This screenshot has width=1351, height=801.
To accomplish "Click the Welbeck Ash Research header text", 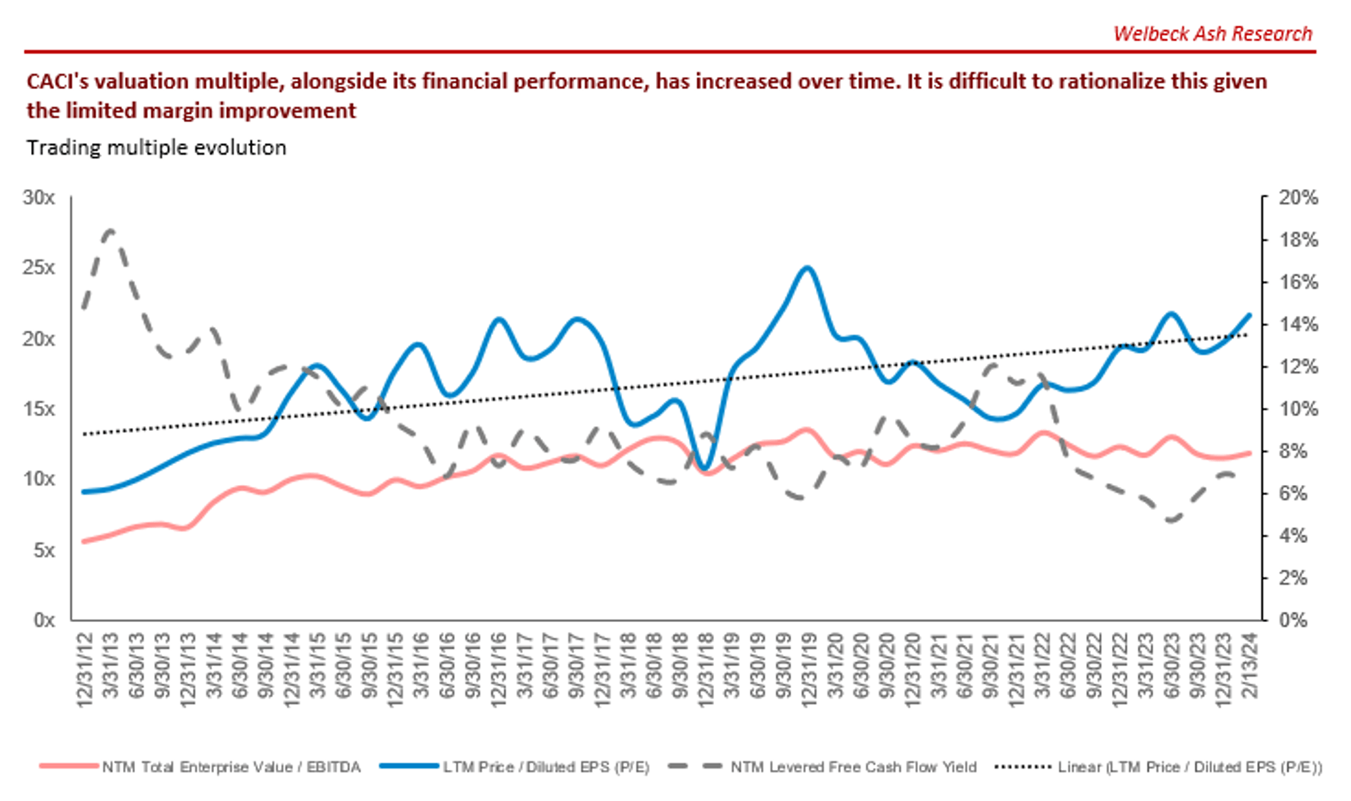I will click(x=1212, y=34).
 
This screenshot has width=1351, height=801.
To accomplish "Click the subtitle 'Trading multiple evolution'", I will click(x=156, y=147).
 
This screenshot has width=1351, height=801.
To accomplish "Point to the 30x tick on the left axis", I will click(x=39, y=198).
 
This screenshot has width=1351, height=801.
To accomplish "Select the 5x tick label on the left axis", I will click(x=43, y=550).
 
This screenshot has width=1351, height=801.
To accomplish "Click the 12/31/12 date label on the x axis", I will click(x=85, y=670).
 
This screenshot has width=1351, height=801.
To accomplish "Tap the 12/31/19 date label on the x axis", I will click(x=809, y=670).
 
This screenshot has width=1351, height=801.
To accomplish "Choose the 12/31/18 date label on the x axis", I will click(x=706, y=670).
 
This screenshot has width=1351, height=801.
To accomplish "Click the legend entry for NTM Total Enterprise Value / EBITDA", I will click(x=230, y=767).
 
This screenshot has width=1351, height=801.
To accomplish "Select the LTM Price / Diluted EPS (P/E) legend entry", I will click(x=546, y=767).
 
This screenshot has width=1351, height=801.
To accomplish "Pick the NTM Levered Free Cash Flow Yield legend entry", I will click(x=853, y=767).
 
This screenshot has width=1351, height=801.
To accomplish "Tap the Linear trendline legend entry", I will click(x=1190, y=767).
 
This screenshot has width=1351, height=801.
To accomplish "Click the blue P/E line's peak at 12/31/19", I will click(x=807, y=268).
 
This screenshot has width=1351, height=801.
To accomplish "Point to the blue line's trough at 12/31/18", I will click(x=705, y=468).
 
